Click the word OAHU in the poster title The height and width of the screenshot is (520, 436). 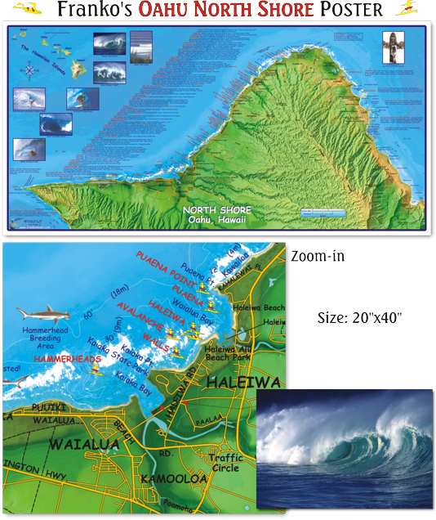pos(166,11)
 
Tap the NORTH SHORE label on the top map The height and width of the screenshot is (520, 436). pos(217,210)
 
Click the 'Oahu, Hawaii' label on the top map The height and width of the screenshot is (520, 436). pos(217,220)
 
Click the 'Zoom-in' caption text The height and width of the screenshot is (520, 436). pos(318,257)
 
